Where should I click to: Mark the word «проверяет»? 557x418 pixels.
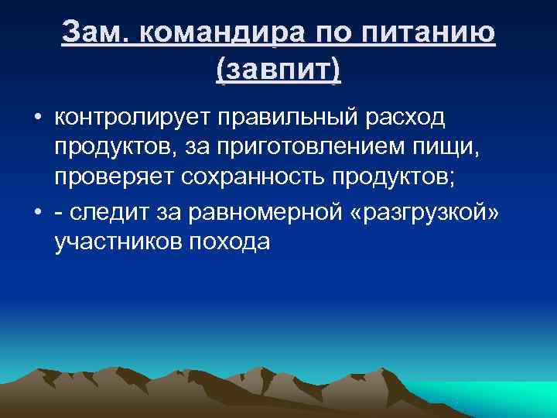click(114, 176)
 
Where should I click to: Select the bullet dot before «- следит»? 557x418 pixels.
click(36, 214)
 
